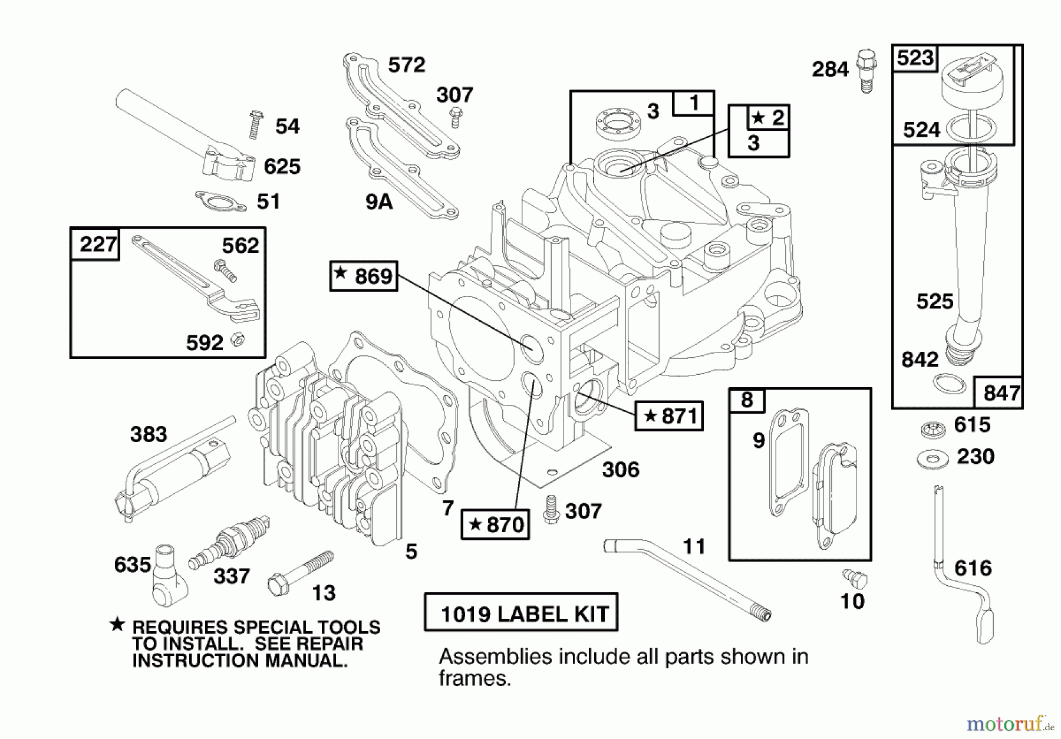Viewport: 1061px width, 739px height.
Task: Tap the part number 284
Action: (830, 70)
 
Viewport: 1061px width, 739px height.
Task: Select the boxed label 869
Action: (364, 276)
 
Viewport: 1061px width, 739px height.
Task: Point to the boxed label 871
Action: (669, 416)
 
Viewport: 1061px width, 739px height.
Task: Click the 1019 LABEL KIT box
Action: (521, 613)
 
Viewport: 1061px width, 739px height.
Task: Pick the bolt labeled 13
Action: (300, 572)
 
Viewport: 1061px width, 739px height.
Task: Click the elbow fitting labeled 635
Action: (167, 576)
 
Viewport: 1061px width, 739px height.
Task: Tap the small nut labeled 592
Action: (238, 339)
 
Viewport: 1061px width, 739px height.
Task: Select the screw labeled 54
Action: (255, 124)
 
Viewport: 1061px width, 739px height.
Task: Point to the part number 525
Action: (934, 302)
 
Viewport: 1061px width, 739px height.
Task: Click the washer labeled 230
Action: (933, 458)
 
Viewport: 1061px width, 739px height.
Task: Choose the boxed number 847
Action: (1001, 392)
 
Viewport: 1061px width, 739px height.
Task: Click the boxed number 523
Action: (915, 58)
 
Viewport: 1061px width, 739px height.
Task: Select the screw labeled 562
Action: (225, 270)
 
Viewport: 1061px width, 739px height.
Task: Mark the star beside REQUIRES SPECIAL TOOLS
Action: (117, 625)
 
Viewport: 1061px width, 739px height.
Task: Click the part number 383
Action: (149, 434)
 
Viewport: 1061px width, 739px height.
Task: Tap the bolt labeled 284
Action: (866, 70)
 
